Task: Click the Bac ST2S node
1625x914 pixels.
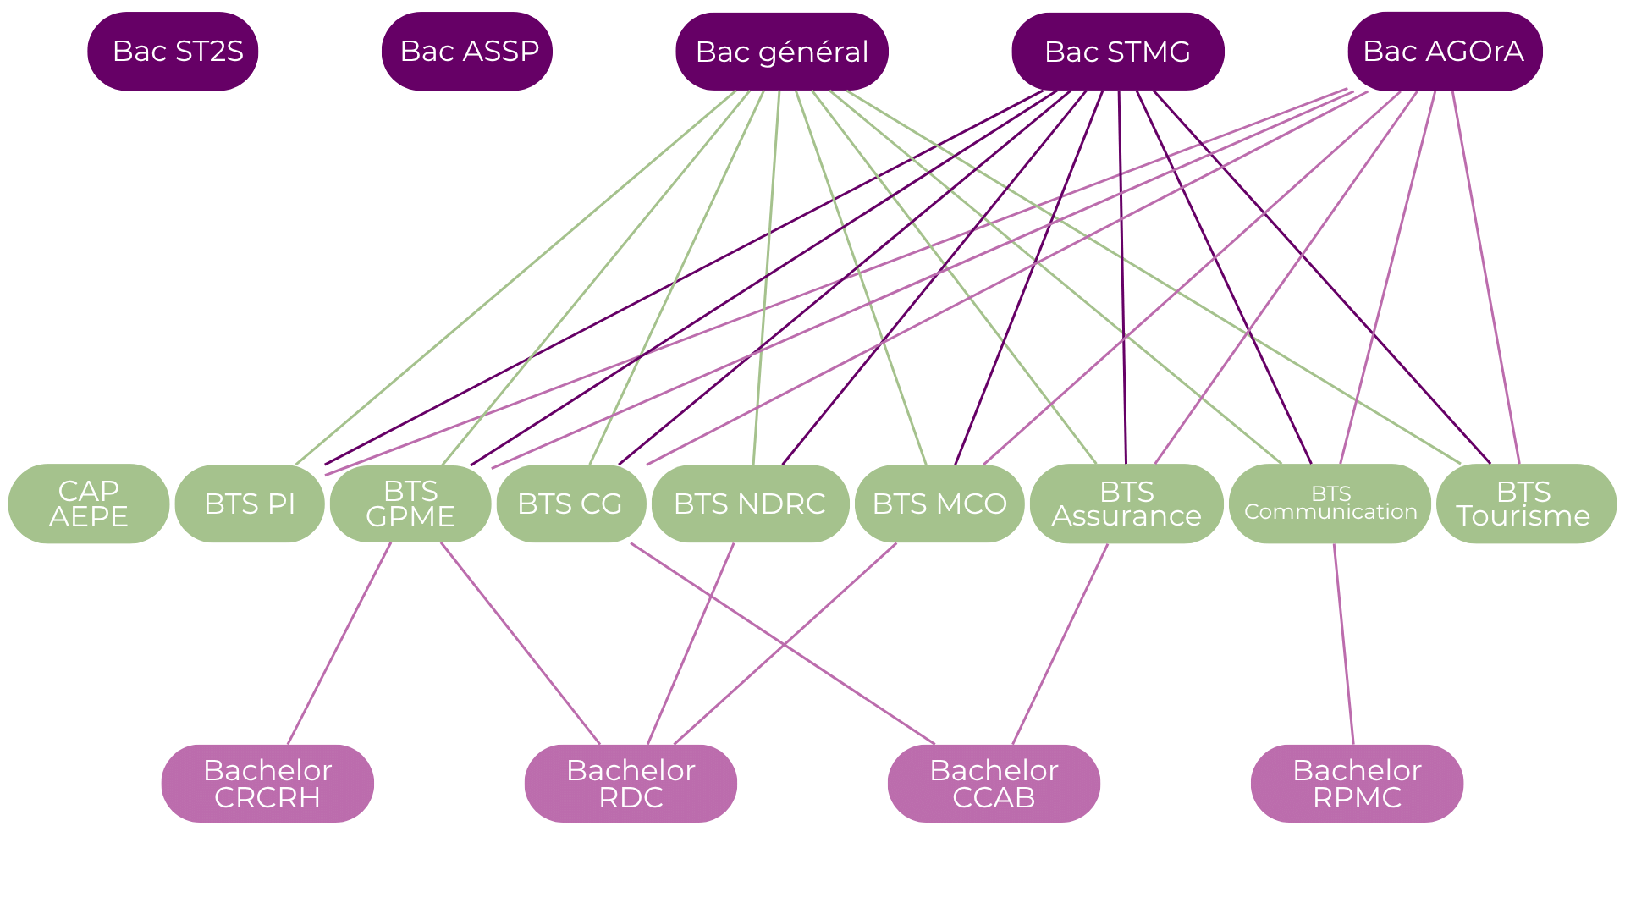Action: point(173,52)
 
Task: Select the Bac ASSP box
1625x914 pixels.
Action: point(467,52)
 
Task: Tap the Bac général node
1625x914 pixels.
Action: point(781,52)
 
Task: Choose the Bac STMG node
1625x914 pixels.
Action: point(1117,52)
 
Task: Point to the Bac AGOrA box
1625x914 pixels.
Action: point(1444,52)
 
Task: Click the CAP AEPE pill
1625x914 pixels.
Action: point(88,504)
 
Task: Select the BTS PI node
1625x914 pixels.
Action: point(250,504)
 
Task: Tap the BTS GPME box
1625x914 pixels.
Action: point(410,504)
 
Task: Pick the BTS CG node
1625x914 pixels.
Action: point(570,504)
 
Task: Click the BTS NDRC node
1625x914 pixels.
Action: point(750,504)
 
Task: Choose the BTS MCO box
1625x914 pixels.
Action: point(939,504)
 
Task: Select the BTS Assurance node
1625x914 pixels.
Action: point(1126,504)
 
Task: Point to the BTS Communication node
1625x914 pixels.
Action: point(1330,504)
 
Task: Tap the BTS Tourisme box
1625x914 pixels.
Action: point(1525,504)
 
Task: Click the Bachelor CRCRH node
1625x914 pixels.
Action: point(267,783)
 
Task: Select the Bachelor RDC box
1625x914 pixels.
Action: point(631,783)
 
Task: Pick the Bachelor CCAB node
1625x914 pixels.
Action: point(994,783)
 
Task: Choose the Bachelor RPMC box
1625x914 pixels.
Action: point(1357,783)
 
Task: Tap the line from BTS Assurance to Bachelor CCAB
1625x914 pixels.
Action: point(1060,645)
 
